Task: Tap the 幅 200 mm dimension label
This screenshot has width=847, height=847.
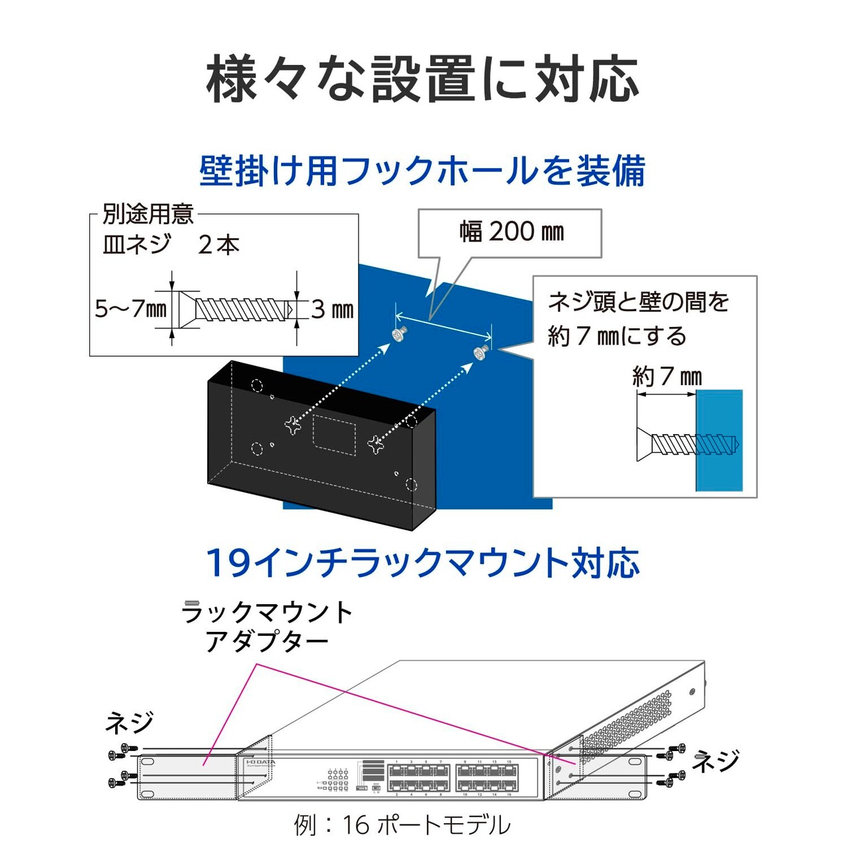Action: (512, 232)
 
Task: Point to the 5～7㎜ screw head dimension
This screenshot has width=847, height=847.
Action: (130, 309)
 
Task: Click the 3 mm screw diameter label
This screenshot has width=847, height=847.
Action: (332, 310)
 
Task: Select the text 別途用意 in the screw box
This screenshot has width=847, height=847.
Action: (148, 214)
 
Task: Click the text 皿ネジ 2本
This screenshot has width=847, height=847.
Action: (171, 245)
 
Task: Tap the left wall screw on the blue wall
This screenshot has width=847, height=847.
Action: (400, 335)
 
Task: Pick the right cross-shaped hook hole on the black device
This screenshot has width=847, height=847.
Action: (377, 445)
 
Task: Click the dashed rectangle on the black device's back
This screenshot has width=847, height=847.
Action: (334, 434)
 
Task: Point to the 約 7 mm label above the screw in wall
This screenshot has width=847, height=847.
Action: (666, 377)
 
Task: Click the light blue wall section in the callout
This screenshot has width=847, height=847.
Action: (719, 440)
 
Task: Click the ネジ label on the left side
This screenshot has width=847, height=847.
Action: (130, 723)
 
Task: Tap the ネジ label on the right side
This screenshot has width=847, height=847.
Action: (716, 761)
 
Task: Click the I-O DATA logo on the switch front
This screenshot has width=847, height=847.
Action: (260, 762)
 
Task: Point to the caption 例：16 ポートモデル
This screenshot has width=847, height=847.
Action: (402, 825)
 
